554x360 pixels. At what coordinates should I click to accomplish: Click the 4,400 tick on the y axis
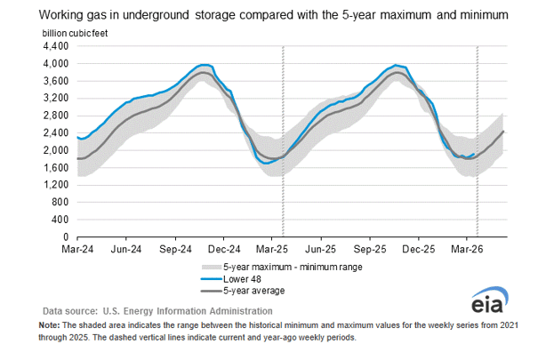pos(55,45)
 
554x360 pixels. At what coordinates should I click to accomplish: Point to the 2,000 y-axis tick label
pos(55,150)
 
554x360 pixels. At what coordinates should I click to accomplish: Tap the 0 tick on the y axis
pos(65,237)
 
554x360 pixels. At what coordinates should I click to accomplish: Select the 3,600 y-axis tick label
pos(55,81)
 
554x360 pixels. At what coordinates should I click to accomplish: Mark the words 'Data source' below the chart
pos(72,311)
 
